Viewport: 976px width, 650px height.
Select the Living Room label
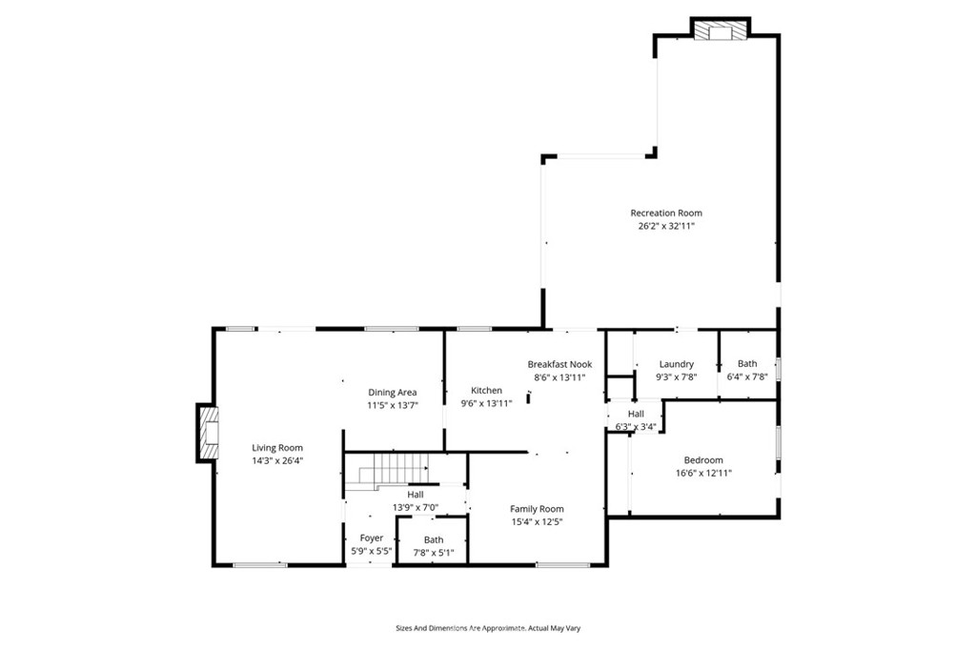276,447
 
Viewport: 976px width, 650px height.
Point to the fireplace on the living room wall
207,433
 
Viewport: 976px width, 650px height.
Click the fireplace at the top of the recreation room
719,31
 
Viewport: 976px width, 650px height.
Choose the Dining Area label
392,392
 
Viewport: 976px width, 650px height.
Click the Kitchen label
486,390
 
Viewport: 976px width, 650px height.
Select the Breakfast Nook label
559,364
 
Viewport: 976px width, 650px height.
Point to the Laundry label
676,364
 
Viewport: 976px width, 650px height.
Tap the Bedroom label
703,459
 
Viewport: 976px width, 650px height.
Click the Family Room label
537,508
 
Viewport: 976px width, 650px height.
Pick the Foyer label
371,538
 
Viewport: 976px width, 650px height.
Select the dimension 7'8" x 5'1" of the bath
433,552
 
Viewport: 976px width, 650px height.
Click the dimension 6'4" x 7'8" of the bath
747,376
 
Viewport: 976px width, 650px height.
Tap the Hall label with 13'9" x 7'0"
416,494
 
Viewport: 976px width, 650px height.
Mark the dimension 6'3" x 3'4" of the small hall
635,426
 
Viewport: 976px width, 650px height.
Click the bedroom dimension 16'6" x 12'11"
703,473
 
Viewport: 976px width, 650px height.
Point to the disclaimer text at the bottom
488,628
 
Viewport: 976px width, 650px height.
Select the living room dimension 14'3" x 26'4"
276,460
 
